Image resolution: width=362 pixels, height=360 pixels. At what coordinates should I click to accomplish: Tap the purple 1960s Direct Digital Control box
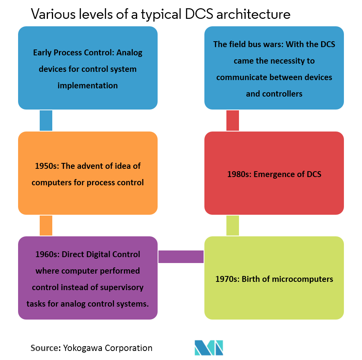[88, 278]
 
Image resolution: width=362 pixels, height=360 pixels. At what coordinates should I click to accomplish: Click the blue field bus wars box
[274, 68]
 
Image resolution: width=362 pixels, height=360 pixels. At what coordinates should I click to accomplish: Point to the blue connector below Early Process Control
[46, 120]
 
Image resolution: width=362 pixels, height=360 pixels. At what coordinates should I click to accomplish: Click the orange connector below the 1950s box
[46, 225]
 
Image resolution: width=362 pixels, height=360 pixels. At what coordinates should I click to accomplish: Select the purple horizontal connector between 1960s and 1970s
[181, 257]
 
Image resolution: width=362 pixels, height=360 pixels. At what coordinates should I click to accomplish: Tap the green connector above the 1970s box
[233, 225]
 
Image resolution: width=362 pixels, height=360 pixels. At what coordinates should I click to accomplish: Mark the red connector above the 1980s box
[233, 120]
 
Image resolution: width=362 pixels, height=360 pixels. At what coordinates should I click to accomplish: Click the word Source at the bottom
[44, 348]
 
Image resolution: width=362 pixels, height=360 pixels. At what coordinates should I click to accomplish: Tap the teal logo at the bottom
[209, 347]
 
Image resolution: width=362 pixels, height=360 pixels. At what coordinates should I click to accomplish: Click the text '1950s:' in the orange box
[47, 166]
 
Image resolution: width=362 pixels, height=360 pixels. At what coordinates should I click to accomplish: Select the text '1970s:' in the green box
[227, 279]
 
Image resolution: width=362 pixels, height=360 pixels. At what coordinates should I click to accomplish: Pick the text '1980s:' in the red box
[239, 174]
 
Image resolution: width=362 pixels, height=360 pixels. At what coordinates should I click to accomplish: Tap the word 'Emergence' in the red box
[272, 174]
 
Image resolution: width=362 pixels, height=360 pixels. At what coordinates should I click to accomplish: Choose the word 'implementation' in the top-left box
[88, 85]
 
